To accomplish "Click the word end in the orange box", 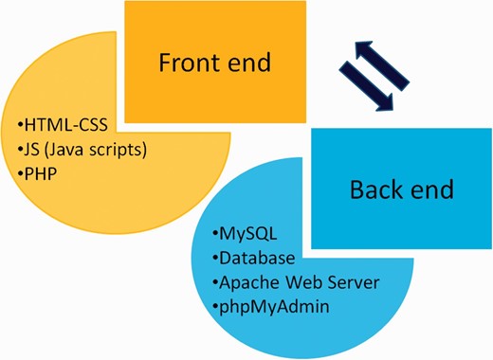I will (x=248, y=63).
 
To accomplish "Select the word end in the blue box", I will (x=434, y=189).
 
